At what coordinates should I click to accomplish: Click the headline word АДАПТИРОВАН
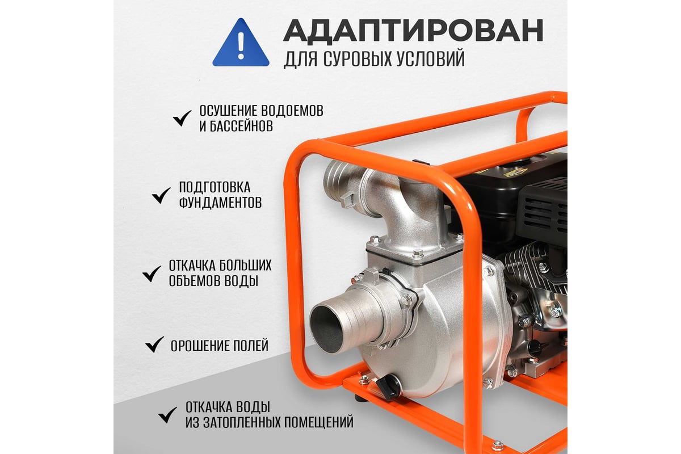[414, 31]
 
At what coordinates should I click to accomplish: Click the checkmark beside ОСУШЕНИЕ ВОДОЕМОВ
[182, 118]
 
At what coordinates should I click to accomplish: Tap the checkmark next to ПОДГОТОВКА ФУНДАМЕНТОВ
[161, 195]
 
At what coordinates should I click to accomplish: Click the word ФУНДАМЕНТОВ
[220, 202]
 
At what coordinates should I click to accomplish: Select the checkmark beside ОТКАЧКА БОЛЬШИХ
[152, 274]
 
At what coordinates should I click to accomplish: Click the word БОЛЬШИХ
[245, 266]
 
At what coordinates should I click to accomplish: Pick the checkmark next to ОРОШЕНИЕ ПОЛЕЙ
[155, 344]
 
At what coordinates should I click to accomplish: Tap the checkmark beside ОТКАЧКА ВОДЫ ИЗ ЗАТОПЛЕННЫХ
[167, 415]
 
